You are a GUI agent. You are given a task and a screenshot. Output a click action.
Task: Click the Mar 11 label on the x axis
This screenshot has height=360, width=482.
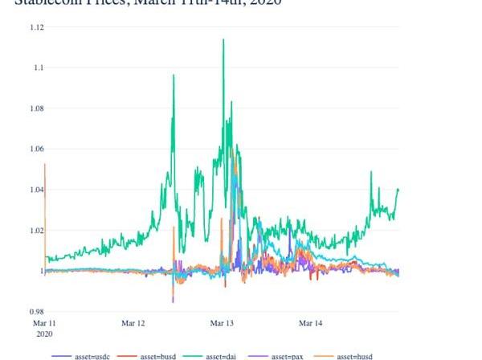pos(46,323)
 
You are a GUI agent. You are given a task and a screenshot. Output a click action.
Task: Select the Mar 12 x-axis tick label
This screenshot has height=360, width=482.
pos(133,323)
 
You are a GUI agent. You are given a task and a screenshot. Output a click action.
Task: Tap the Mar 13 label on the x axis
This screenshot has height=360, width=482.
pos(223,323)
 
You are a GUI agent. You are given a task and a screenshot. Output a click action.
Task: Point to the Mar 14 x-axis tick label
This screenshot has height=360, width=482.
pos(311,323)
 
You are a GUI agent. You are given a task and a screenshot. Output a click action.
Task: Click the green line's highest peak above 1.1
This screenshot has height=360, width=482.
pos(223,39)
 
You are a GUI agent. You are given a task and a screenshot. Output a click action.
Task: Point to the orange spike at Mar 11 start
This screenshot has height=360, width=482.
pos(45,166)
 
